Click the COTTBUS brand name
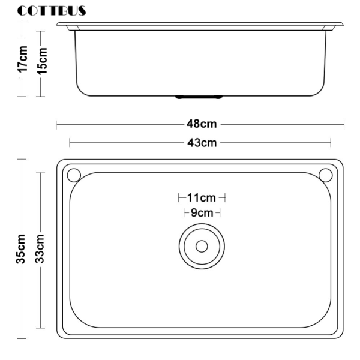click(x=52, y=11)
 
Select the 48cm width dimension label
click(x=202, y=124)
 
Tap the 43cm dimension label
click(x=202, y=143)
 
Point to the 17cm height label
click(x=23, y=59)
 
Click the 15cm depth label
click(x=42, y=61)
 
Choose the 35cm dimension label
click(x=20, y=248)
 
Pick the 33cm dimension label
click(x=39, y=248)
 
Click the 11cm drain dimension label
click(x=202, y=197)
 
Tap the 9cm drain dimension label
click(x=202, y=213)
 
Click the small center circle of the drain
click(x=202, y=247)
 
